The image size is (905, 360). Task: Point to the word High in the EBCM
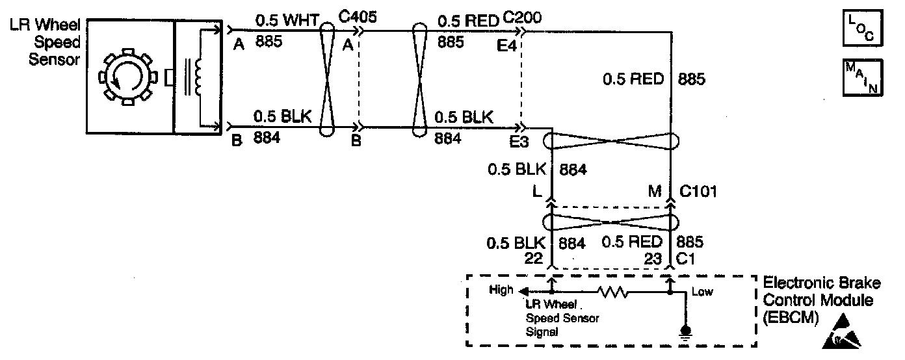pyautogui.click(x=502, y=290)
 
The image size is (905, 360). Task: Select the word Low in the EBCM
pyautogui.click(x=702, y=292)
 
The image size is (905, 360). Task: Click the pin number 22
pyautogui.click(x=534, y=257)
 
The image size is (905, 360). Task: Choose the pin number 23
pyautogui.click(x=651, y=257)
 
